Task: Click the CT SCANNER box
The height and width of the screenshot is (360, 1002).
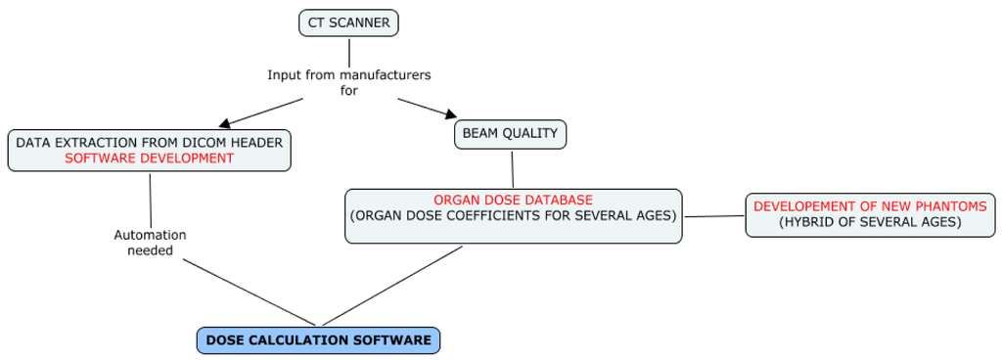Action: tap(349, 22)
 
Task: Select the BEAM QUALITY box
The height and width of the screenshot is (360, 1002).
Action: tap(510, 134)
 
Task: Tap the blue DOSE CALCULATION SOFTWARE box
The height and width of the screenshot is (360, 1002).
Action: tap(318, 340)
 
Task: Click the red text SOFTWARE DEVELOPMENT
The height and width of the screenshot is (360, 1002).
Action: tap(149, 157)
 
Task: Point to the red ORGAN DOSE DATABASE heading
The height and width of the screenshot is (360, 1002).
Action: tap(513, 200)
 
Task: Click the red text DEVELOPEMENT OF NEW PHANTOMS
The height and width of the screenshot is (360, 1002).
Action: tap(870, 206)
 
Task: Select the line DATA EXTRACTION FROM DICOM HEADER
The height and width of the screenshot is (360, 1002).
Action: tap(149, 143)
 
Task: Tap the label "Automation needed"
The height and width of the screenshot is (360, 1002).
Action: tap(150, 243)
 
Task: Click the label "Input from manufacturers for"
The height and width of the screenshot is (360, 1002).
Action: tap(349, 82)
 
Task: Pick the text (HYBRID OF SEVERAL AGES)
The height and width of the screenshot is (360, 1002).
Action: tap(870, 223)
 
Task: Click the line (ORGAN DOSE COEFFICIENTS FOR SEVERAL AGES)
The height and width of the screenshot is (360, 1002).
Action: tap(513, 215)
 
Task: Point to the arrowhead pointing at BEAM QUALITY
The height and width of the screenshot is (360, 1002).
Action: tap(450, 114)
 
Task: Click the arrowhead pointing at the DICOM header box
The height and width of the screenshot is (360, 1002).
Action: tap(226, 121)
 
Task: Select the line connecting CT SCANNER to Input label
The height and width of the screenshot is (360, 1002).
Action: tap(349, 53)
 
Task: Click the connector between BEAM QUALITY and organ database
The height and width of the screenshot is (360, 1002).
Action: tap(512, 169)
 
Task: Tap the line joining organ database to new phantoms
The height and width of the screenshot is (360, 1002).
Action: tap(715, 216)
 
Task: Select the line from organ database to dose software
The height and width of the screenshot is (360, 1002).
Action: tap(392, 286)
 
